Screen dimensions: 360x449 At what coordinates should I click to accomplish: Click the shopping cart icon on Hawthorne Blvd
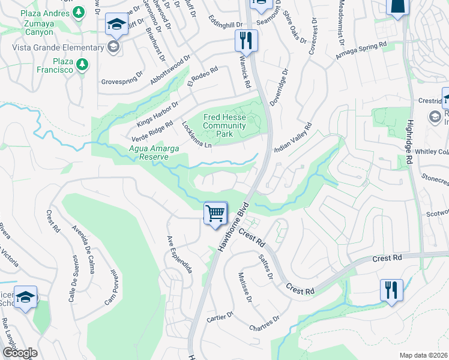[x=215, y=213]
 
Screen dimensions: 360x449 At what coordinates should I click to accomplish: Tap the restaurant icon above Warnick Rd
[x=246, y=41]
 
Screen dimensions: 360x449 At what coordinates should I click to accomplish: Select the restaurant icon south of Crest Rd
[x=390, y=290]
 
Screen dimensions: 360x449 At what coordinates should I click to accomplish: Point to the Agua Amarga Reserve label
[x=150, y=152]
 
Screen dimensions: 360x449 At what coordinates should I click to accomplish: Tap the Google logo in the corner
[x=20, y=353]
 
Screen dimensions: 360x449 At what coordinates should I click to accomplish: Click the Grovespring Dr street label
[x=122, y=79]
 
